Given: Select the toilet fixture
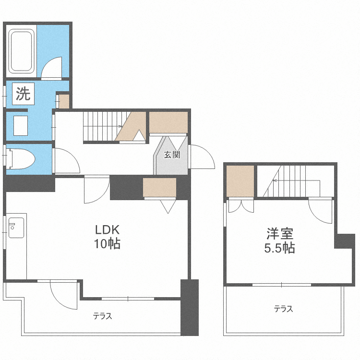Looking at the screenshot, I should coord(21,158).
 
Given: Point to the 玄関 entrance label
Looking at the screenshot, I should coord(172,155).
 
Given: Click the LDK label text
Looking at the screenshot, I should coord(107,229).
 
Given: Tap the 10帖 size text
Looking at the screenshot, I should coord(107,244).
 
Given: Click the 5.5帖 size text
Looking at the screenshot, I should coord(279,248).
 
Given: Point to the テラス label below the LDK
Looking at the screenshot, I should coord(102,316).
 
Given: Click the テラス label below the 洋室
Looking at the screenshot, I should coord(283,309).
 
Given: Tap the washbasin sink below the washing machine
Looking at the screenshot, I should coord(20,125).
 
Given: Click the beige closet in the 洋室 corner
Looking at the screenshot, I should coord(240,181).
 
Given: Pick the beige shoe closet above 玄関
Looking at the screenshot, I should coord(168,122).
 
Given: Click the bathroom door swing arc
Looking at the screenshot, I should coord(51,68).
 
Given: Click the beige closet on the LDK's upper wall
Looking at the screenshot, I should coord(159,187).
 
